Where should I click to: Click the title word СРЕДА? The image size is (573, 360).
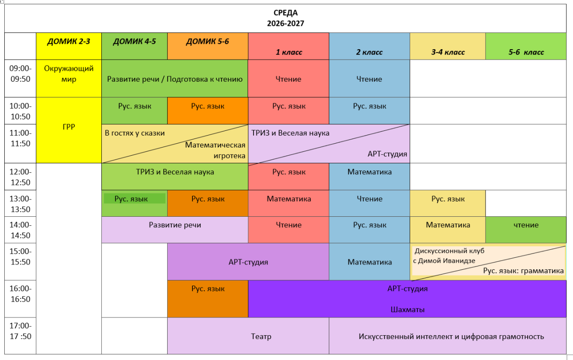point(286,12)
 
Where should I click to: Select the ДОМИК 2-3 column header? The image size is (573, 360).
point(69,42)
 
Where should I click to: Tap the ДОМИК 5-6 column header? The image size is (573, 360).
point(207,42)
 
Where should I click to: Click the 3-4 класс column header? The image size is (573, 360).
point(448,52)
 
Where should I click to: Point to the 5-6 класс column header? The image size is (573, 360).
point(526,52)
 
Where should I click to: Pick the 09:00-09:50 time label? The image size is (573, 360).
point(21,74)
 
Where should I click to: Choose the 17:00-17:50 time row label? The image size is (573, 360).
point(21,331)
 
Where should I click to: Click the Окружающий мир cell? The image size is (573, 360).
point(69,74)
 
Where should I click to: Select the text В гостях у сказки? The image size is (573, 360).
point(135,133)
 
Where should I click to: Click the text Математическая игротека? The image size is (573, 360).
point(215,150)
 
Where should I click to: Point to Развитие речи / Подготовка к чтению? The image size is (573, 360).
point(175,79)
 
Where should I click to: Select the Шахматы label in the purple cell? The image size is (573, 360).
point(407,309)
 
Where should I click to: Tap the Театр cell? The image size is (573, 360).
point(261,336)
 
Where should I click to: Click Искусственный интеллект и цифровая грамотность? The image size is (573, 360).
point(451,337)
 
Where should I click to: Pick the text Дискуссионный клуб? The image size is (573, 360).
point(449,251)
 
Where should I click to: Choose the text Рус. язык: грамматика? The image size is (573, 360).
point(523,271)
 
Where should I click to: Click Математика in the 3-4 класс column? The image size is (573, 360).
point(448,225)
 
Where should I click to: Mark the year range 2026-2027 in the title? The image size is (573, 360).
point(286,23)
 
